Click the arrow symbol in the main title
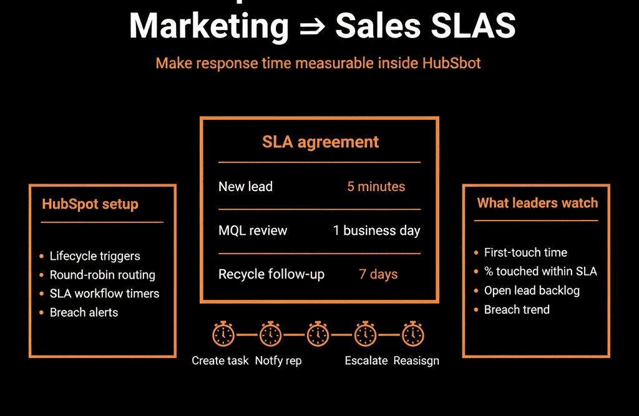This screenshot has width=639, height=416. pos(312,27)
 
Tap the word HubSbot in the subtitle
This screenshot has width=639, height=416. pos(452,63)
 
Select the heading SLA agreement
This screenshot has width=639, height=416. pos(320,142)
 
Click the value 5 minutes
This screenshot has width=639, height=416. pos(376,186)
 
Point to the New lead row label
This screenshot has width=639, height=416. pos(245,186)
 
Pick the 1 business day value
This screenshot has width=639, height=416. pos(376,230)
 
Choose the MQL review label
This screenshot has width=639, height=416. pos(253,230)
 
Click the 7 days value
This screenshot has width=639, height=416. pos(378,274)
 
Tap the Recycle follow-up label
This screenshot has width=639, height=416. pos(271,274)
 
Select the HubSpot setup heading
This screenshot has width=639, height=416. pos(90,204)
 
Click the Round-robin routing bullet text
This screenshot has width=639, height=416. pos(102,275)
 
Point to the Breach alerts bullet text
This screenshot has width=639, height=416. pos(84,312)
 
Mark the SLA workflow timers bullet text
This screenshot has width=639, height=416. pos(104,294)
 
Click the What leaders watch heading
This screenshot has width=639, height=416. pos(537,203)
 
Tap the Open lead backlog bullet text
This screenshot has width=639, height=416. pos(532,290)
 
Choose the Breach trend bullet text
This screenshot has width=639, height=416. pos(517,310)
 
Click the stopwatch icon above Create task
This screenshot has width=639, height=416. pos(223,334)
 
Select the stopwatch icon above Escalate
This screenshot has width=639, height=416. pos(366,334)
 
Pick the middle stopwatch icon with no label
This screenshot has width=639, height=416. pos(318,334)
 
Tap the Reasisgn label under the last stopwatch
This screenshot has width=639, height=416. pos(416,361)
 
